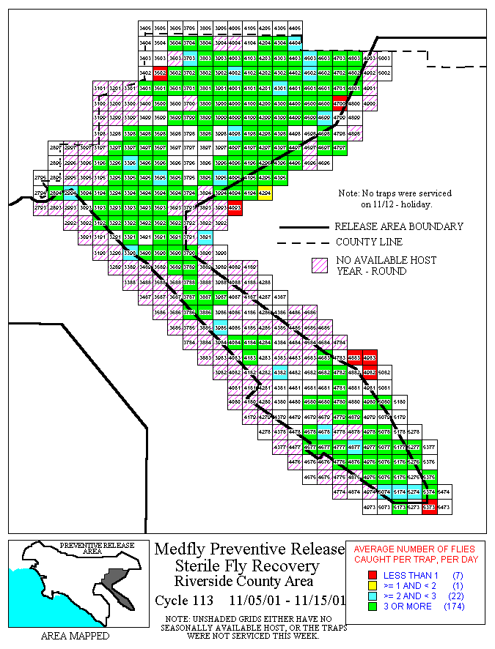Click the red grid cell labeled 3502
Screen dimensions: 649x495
[x=160, y=73]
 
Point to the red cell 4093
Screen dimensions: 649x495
[x=235, y=208]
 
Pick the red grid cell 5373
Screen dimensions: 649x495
[x=429, y=506]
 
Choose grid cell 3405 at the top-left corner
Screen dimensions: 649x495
[x=145, y=28]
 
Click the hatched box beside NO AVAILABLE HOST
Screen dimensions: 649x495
[x=319, y=266]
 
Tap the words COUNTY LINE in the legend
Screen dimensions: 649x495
[x=369, y=242]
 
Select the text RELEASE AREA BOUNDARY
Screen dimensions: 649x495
[x=398, y=226]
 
